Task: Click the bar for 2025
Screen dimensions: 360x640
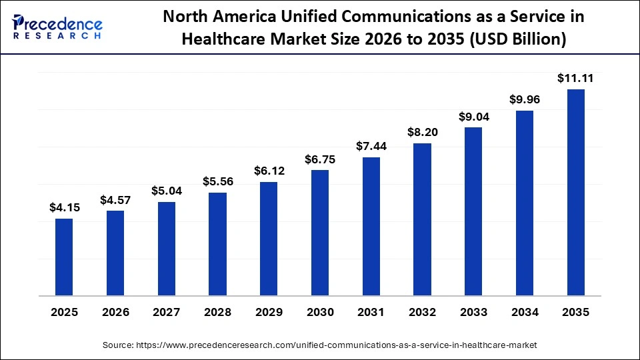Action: (x=64, y=257)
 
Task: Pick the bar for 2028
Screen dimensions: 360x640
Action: (x=217, y=243)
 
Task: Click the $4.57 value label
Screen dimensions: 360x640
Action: (x=115, y=200)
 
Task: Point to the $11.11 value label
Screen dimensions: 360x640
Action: (x=575, y=79)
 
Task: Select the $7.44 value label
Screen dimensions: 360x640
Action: (x=371, y=146)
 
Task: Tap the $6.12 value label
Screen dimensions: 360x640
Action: (x=269, y=171)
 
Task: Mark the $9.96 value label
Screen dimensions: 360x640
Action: (x=525, y=100)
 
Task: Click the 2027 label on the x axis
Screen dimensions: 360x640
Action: (x=167, y=312)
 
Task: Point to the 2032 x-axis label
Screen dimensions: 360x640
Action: (x=423, y=312)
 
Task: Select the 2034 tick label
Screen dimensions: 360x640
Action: (x=525, y=312)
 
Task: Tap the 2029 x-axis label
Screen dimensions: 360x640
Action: (x=269, y=312)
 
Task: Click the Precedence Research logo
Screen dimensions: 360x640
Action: (x=57, y=27)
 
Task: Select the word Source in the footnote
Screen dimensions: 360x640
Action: (x=117, y=345)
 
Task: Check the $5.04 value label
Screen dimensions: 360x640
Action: (x=167, y=191)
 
